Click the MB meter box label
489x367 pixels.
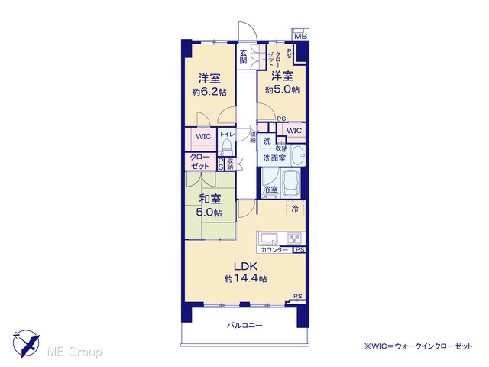(300, 36)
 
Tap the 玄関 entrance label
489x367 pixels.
(243, 57)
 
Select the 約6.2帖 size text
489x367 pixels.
(209, 92)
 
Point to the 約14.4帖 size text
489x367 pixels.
(245, 278)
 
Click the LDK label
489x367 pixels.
(245, 266)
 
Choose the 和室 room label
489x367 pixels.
(210, 199)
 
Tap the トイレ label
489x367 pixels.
(227, 135)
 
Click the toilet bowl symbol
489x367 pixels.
(226, 148)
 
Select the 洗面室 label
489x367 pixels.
(274, 158)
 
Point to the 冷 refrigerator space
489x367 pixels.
(295, 209)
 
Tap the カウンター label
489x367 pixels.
(274, 250)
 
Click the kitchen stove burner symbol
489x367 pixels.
(294, 238)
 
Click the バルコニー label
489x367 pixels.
(244, 326)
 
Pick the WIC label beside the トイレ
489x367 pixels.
(203, 136)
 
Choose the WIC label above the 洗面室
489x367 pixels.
(293, 131)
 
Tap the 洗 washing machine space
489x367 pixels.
(267, 141)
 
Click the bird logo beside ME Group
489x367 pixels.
(26, 343)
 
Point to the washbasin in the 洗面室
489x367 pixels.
(298, 155)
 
